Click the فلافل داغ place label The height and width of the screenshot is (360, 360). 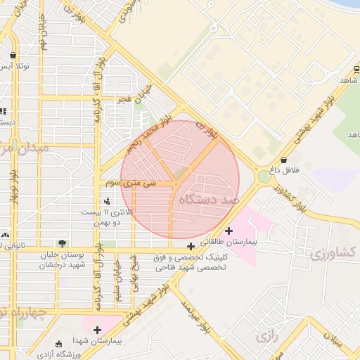click(286, 170)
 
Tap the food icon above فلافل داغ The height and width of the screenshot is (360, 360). click(283, 160)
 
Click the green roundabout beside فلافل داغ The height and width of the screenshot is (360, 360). click(264, 176)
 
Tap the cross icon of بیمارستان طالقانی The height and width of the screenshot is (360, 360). click(229, 231)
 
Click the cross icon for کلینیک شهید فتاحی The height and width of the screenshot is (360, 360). click(191, 246)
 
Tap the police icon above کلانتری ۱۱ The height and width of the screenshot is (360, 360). click(107, 202)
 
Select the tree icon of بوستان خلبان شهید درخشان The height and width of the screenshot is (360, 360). click(63, 243)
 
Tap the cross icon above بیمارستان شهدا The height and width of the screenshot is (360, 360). click(97, 329)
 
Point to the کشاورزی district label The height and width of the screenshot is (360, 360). click(333, 252)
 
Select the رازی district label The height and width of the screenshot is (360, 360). click(267, 337)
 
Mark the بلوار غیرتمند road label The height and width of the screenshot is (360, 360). click(198, 314)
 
